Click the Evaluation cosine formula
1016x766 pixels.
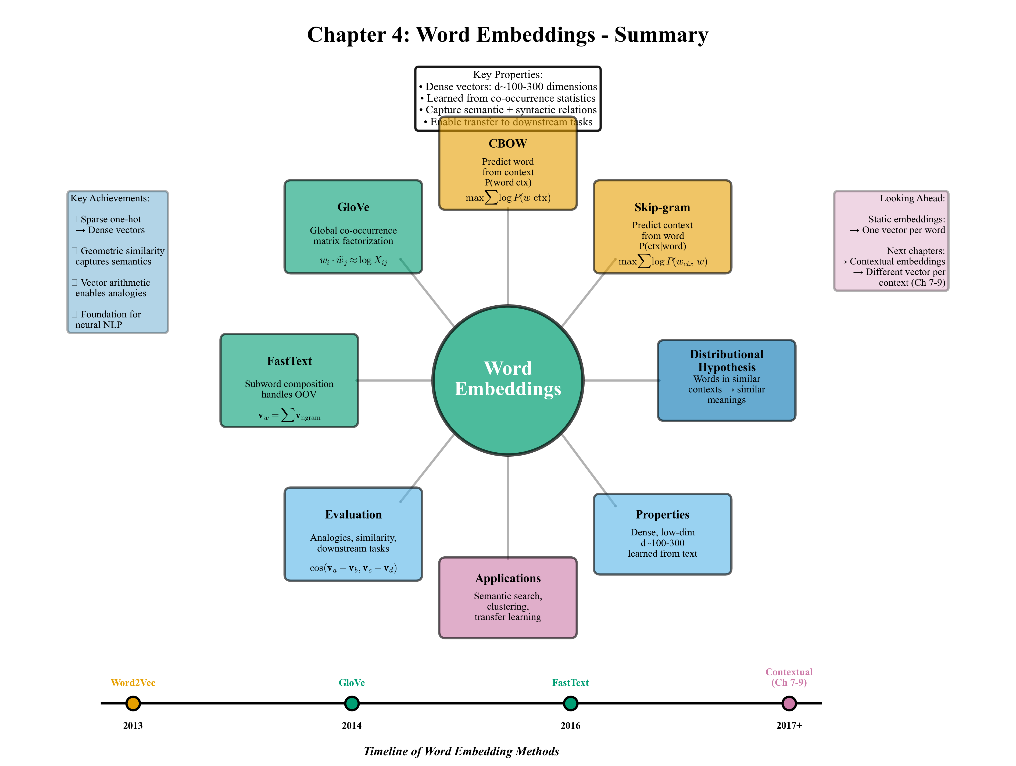pos(353,568)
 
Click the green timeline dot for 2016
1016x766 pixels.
pos(570,703)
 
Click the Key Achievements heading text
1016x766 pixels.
pos(110,198)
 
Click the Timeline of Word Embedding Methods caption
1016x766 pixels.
pos(461,751)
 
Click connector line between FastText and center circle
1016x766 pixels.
pos(395,380)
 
